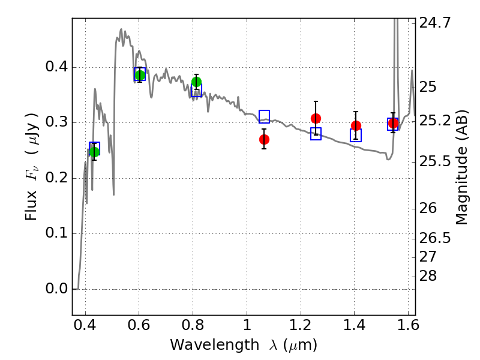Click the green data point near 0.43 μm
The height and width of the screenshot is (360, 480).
pyautogui.click(x=94, y=152)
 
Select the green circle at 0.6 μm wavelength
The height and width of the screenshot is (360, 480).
pyautogui.click(x=140, y=75)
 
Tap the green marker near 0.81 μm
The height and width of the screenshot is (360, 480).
pyautogui.click(x=197, y=82)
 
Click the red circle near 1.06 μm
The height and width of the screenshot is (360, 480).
pyautogui.click(x=264, y=140)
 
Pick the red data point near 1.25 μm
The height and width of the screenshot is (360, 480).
pyautogui.click(x=316, y=118)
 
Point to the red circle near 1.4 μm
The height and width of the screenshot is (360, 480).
pyautogui.click(x=356, y=125)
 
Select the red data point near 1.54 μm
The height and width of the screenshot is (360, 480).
pyautogui.click(x=394, y=124)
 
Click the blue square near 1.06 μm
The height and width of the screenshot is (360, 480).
pyautogui.click(x=264, y=116)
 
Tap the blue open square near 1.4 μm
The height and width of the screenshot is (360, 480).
pyautogui.click(x=356, y=136)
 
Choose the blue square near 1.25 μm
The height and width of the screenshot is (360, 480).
pyautogui.click(x=316, y=134)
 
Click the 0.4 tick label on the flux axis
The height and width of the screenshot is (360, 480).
pyautogui.click(x=56, y=67)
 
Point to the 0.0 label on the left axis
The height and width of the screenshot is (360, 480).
pyautogui.click(x=56, y=289)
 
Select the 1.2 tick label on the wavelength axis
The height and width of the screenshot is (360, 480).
pyautogui.click(x=301, y=325)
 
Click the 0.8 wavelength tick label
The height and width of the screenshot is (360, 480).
pyautogui.click(x=193, y=325)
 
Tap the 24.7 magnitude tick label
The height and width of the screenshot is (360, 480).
pyautogui.click(x=435, y=23)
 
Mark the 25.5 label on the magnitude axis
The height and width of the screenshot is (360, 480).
pyautogui.click(x=435, y=161)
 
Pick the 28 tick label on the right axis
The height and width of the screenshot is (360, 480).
pyautogui.click(x=428, y=276)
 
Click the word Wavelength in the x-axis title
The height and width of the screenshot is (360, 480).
pyautogui.click(x=215, y=345)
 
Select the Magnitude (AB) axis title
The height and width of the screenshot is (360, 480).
pyautogui.click(x=462, y=167)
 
